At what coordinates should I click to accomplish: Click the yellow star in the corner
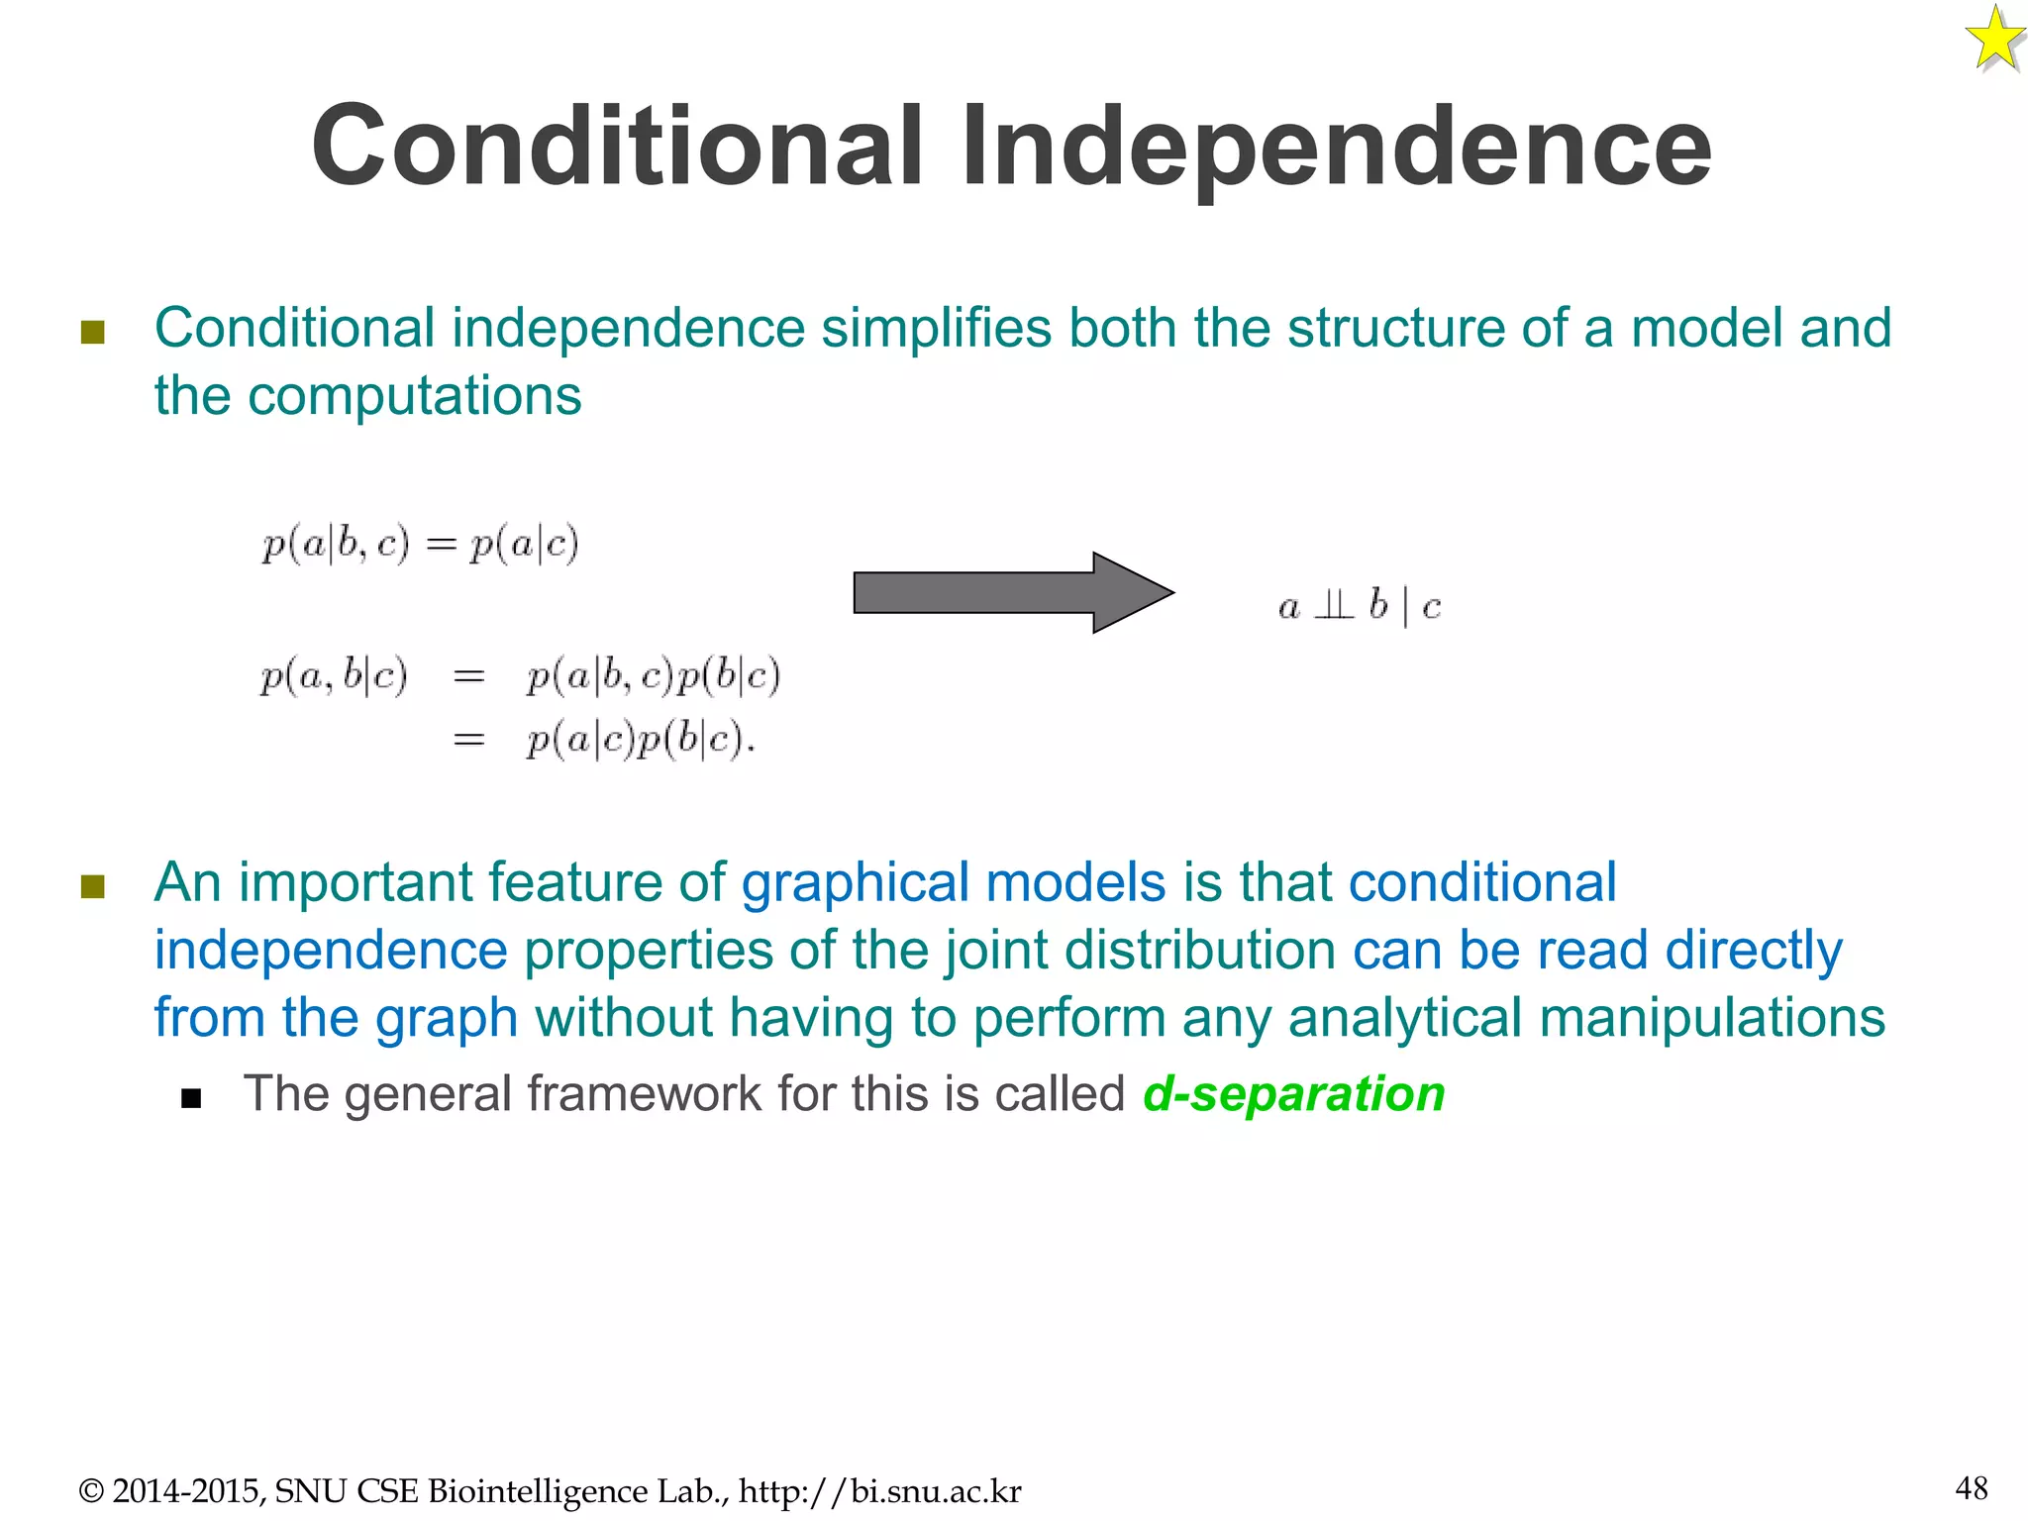point(1994,41)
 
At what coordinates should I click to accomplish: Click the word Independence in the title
point(1336,149)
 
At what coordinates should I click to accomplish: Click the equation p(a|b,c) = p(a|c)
point(420,544)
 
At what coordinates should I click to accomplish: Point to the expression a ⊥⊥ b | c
point(1359,605)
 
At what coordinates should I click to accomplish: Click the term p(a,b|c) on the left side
point(334,676)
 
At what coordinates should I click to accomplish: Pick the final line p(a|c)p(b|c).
point(640,740)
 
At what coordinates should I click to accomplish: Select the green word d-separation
point(1293,1094)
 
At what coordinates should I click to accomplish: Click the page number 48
point(1971,1487)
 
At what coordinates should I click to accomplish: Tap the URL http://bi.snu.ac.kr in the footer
point(879,1491)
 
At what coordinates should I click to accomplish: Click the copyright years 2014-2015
point(188,1491)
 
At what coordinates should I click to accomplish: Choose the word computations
point(414,396)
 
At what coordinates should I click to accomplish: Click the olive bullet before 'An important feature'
point(92,885)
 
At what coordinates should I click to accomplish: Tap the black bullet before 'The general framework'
point(191,1098)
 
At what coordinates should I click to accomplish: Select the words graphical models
point(954,882)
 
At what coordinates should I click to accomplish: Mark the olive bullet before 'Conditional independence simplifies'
point(92,332)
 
